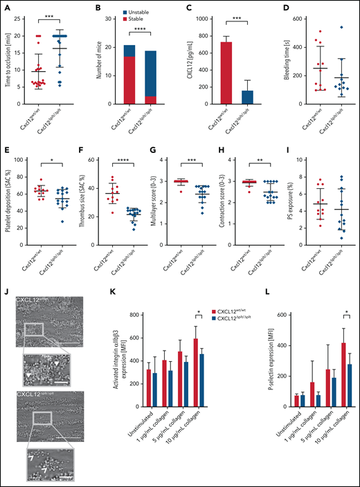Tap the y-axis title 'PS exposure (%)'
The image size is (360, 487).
point(271,203)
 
